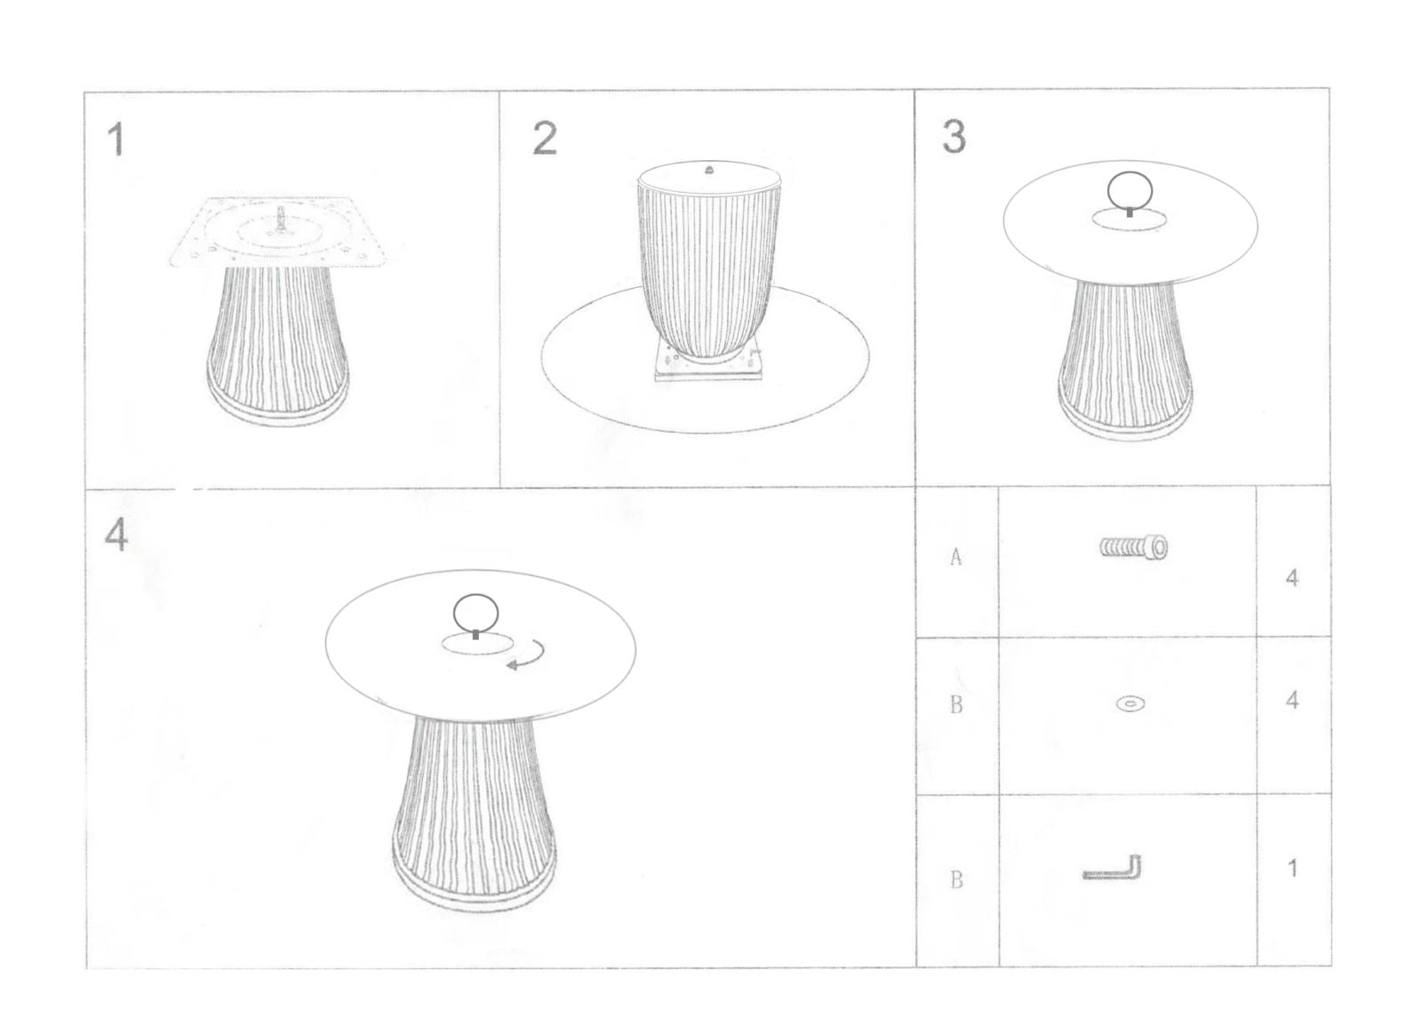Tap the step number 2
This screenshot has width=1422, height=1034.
[x=545, y=139]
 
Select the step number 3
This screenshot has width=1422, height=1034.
[x=954, y=137]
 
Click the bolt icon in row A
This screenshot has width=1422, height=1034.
[x=1134, y=547]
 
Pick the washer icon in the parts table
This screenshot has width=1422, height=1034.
[x=1130, y=703]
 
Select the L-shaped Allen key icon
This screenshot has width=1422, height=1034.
[x=1112, y=869]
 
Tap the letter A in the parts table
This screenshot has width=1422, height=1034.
[x=956, y=557]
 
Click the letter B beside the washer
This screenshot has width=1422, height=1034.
[x=956, y=705]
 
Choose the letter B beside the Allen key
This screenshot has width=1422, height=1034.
[x=956, y=879]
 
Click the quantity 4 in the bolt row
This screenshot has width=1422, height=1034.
[x=1291, y=578]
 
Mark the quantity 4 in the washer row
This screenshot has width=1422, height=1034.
[x=1291, y=701]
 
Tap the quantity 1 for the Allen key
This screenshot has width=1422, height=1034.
[x=1292, y=869]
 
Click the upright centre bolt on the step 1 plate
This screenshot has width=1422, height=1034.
[x=280, y=220]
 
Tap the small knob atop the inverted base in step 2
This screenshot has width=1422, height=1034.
[x=709, y=169]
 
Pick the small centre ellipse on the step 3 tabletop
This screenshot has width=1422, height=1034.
[x=1130, y=220]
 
